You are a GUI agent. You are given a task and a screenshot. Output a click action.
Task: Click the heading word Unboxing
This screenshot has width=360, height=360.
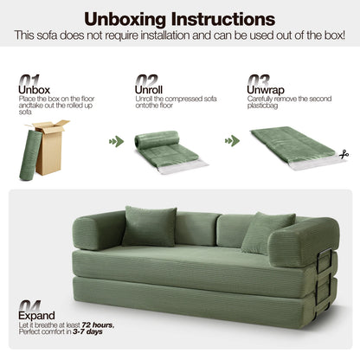click(x=126, y=19)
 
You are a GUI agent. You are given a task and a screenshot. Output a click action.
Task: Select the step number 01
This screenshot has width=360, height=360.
click(x=28, y=79)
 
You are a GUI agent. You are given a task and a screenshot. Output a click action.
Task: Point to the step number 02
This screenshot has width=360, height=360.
click(x=145, y=79)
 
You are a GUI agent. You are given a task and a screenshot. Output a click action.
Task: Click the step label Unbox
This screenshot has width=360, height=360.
click(x=35, y=89)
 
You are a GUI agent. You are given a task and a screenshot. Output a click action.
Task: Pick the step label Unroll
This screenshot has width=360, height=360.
click(x=150, y=89)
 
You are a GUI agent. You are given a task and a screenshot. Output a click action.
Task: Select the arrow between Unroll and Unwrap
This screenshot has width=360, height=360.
click(x=230, y=141)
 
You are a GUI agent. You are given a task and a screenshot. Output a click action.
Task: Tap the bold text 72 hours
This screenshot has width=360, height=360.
click(x=100, y=326)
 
